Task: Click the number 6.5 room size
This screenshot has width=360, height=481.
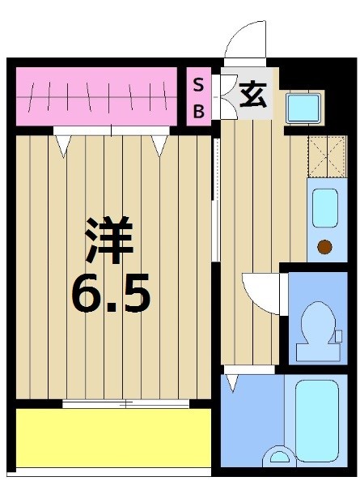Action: click(111, 296)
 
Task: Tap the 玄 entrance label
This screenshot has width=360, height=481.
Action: click(252, 96)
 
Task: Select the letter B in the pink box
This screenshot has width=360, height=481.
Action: click(197, 110)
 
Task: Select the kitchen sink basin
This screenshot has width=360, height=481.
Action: click(324, 208)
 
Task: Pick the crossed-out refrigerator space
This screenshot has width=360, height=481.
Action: click(327, 156)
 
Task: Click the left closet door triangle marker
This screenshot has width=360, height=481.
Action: click(62, 144)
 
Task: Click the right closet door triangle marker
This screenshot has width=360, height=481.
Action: click(158, 144)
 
